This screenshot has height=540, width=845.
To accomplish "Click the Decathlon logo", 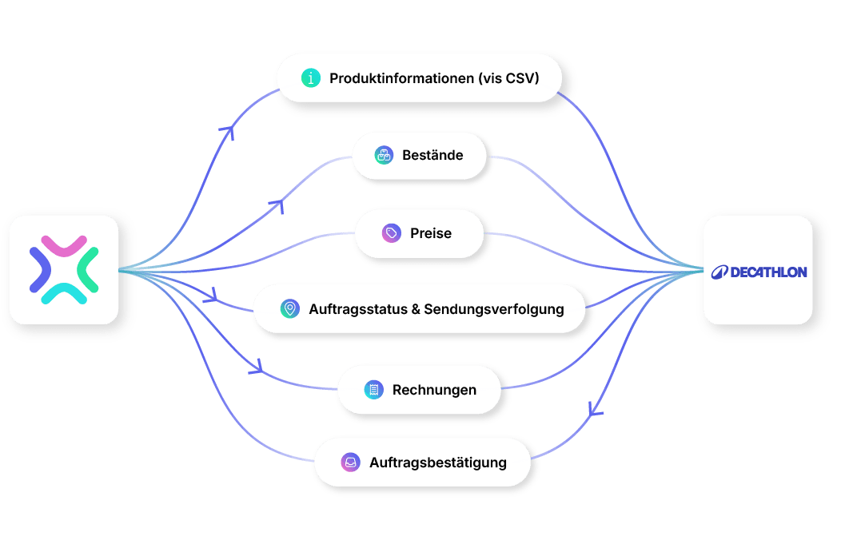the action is (759, 272).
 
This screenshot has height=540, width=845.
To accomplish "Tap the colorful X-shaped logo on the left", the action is (64, 270).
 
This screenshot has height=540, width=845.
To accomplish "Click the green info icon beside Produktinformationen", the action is (311, 78).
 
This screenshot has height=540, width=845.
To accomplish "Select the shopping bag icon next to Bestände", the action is (384, 155).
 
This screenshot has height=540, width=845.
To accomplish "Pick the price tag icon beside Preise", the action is (392, 233).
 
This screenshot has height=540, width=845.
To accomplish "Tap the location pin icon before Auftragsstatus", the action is (290, 309).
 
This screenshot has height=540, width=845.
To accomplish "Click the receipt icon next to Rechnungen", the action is (374, 389).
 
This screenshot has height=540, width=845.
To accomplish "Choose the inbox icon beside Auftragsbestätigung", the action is (351, 462).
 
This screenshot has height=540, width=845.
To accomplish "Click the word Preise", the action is (431, 233).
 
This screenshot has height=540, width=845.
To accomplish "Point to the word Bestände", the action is (432, 155).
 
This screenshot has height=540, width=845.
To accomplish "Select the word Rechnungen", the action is (434, 390).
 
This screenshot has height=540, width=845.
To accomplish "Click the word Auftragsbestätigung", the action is (438, 463).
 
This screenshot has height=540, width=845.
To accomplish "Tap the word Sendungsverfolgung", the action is (493, 310).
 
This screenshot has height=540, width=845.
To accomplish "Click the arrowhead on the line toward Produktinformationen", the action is (228, 131).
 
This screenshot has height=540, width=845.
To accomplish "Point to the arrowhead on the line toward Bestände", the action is (277, 205).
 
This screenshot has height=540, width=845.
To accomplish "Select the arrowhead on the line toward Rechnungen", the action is (257, 367).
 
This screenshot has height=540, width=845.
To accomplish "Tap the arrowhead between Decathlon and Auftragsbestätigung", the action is (595, 411).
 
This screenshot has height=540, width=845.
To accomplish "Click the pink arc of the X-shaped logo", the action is (64, 245).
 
